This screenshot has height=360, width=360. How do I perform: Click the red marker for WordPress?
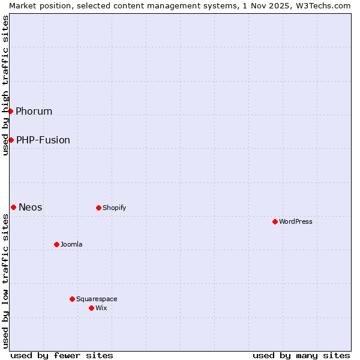(275, 221)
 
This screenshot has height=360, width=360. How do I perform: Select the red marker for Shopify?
(98, 208)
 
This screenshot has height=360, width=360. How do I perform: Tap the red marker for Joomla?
(56, 244)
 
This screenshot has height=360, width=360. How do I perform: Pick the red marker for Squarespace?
(72, 299)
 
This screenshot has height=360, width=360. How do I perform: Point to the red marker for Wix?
(91, 308)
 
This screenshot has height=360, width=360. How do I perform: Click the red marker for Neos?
(13, 207)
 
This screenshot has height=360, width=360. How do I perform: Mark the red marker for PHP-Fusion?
(11, 140)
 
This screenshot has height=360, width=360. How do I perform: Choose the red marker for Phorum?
(10, 111)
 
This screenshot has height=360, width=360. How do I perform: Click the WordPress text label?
(296, 221)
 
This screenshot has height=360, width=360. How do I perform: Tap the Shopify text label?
(114, 208)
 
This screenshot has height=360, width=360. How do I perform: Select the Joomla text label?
(71, 244)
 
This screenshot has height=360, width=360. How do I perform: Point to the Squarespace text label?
(97, 299)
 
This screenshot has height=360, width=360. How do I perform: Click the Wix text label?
(101, 308)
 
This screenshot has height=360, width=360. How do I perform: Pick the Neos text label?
(31, 207)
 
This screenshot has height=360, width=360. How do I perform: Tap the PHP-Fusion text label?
(43, 140)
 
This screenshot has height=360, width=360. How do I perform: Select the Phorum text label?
(34, 111)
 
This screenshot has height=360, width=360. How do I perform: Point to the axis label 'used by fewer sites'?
(62, 355)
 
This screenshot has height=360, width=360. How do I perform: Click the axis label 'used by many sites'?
(301, 355)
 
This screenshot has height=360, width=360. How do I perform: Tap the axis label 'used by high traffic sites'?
(5, 85)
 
